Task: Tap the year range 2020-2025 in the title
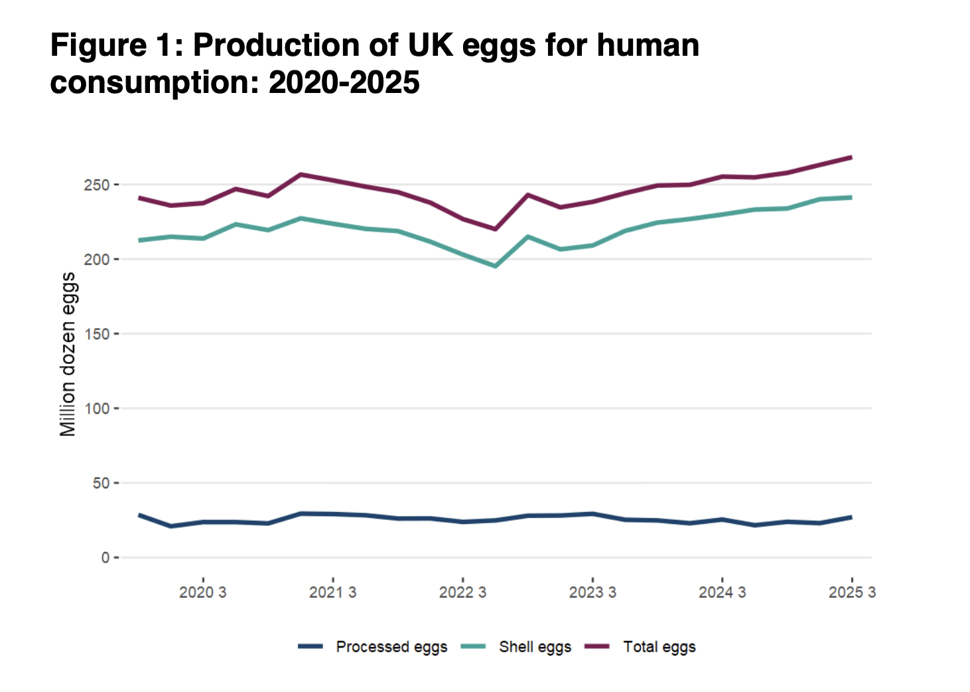click(344, 83)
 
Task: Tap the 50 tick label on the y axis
click(100, 483)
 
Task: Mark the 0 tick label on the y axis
click(105, 558)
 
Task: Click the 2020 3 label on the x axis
click(202, 592)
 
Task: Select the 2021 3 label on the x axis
click(332, 592)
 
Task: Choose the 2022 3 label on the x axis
click(462, 592)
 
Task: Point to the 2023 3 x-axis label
click(592, 592)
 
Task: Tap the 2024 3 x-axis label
click(722, 592)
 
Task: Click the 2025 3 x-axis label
click(852, 592)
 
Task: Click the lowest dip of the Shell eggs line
click(495, 266)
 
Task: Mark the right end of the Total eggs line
click(851, 157)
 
